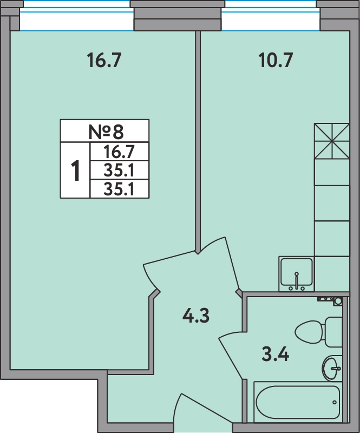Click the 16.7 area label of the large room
pos(104,61)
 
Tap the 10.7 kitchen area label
pos(276,61)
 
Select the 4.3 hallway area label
pos(196,316)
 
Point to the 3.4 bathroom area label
pos(275,355)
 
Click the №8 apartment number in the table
pos(106,132)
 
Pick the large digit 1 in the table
pos(75,170)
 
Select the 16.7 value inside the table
pos(119,152)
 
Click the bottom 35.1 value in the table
pos(119,189)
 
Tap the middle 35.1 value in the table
pos(119,170)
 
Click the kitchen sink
pos(297,274)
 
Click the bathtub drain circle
pos(335,402)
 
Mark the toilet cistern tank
pos(334,332)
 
